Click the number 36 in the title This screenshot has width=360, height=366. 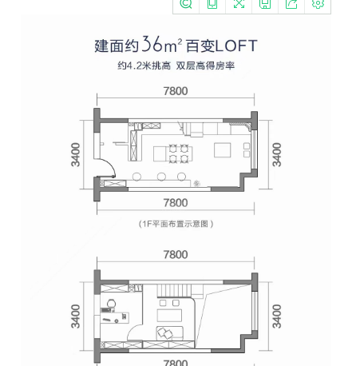tap(152, 44)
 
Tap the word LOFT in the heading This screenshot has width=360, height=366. tap(236, 46)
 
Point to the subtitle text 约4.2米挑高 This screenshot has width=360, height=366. tap(144, 66)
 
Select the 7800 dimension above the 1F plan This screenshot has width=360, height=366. tap(176, 91)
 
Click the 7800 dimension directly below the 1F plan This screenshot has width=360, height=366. tap(176, 203)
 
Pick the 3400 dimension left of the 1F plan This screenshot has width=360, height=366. tap(76, 155)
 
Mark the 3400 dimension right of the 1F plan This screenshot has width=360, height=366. tap(277, 155)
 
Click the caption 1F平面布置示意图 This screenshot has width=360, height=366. tap(176, 224)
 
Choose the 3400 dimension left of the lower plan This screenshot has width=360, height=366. tap(76, 316)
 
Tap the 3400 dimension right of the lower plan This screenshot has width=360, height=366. tap(277, 316)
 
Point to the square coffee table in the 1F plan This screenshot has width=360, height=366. tap(223, 150)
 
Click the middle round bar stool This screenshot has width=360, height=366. tap(161, 177)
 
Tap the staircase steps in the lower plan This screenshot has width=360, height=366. tap(173, 291)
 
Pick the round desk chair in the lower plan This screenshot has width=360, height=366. tap(111, 304)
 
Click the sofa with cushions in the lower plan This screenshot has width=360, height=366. tap(170, 333)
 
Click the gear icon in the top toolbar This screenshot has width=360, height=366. tap(318, 3)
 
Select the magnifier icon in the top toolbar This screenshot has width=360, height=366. tap(186, 3)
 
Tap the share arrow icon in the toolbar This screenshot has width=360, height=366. tap(291, 3)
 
